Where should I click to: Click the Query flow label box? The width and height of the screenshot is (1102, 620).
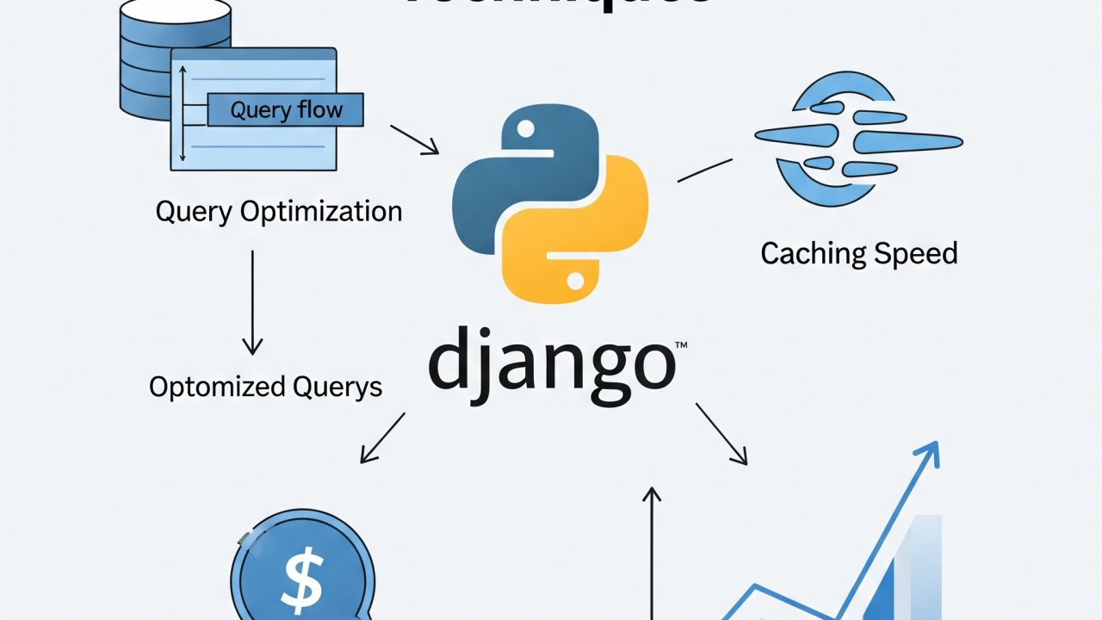[x=286, y=110]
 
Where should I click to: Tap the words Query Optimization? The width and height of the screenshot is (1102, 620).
[x=279, y=211]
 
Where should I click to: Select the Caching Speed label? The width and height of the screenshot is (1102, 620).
[x=858, y=253]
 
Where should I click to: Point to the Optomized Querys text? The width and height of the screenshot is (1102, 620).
[x=265, y=387]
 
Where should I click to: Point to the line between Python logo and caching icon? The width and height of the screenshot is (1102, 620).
[x=704, y=170]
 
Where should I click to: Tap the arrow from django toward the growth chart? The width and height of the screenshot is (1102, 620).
[x=721, y=434]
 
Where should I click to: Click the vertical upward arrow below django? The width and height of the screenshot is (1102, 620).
[x=652, y=551]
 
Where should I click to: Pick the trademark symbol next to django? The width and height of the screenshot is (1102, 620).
[x=681, y=346]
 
